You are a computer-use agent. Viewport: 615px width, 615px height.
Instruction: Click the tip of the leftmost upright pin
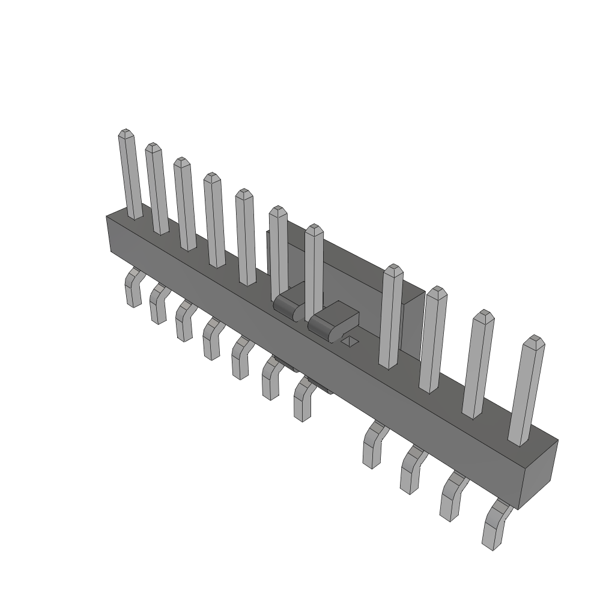[125, 133]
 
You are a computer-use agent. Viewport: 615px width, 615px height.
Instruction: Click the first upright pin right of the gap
[392, 315]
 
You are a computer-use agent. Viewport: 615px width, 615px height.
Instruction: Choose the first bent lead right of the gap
[374, 445]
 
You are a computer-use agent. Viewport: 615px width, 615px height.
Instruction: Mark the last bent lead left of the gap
[305, 399]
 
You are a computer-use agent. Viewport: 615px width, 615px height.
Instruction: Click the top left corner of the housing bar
[108, 216]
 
